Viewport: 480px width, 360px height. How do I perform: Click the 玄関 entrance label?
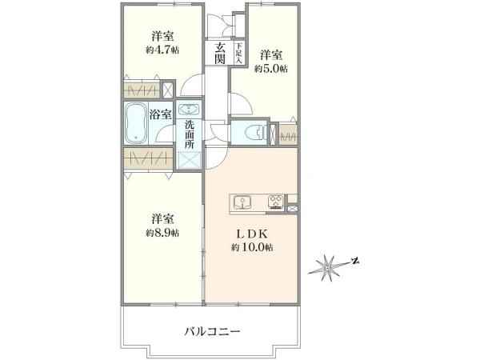pos(219,53)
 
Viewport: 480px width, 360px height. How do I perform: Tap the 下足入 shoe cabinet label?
pos(238,53)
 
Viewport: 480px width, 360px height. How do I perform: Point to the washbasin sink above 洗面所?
pos(190,110)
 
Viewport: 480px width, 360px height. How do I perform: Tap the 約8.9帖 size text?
pos(162,233)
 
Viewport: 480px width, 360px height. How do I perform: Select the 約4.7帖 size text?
pos(162,50)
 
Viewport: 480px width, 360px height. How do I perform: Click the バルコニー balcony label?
pos(213,330)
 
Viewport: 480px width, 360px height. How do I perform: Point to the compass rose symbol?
pos(327,266)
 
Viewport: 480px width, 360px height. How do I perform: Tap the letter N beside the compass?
pos(356,260)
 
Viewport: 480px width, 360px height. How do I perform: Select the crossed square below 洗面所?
pos(190,159)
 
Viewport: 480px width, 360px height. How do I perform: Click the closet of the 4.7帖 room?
pos(148,88)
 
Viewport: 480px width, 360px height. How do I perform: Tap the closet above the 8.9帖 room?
pos(148,158)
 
